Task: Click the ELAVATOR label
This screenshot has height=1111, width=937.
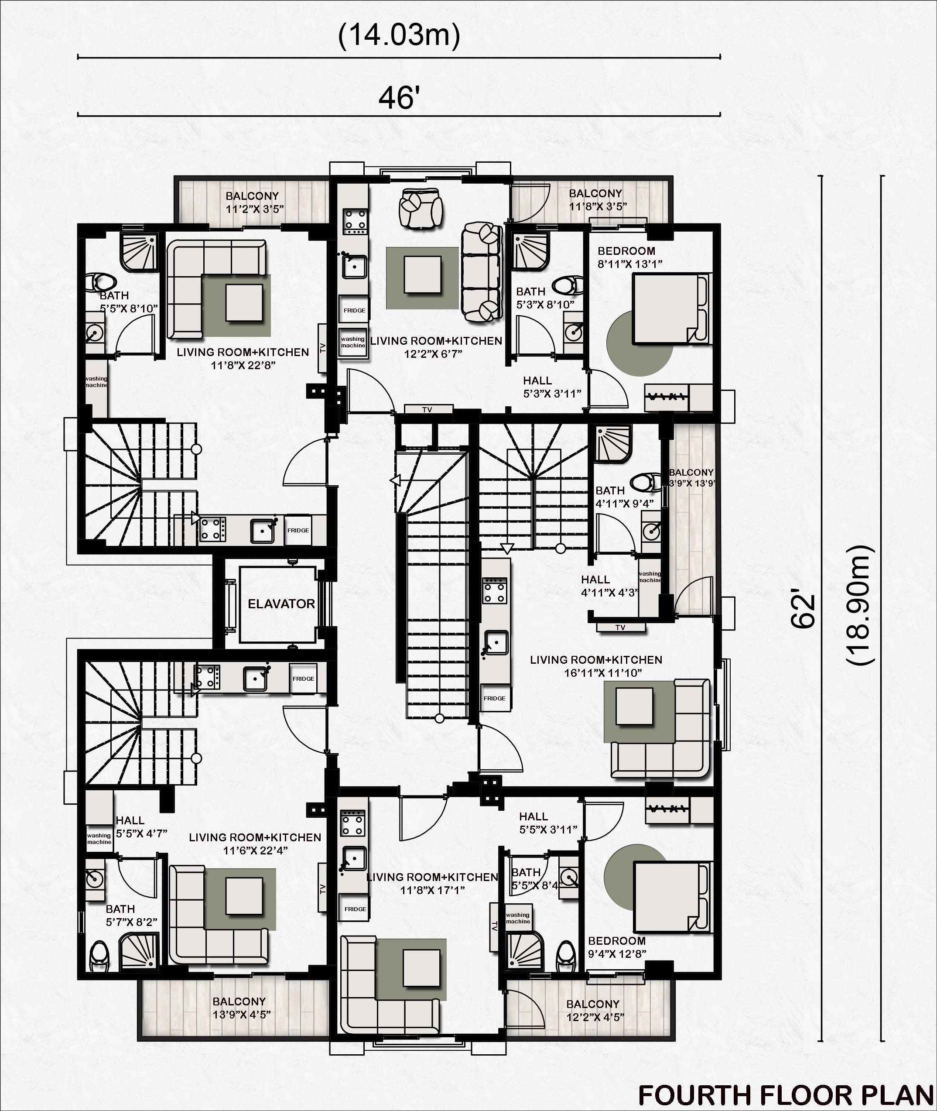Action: point(281,604)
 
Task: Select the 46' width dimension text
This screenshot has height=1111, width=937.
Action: point(400,98)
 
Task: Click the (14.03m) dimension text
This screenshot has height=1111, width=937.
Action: point(399,36)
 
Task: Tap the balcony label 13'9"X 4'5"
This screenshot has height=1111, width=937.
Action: point(242,1008)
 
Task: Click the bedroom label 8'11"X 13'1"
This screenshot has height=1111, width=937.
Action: point(629,257)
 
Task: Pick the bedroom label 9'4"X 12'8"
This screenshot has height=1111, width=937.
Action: point(617,947)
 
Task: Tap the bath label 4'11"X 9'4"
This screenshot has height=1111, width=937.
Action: point(624,497)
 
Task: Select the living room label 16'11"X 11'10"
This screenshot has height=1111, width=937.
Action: point(596,666)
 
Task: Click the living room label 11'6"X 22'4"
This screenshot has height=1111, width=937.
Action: point(255,844)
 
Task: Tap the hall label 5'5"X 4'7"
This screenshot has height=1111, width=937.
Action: point(141,827)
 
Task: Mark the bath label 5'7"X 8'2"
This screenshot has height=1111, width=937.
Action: point(131,916)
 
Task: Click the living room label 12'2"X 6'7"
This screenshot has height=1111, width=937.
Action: point(436,346)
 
